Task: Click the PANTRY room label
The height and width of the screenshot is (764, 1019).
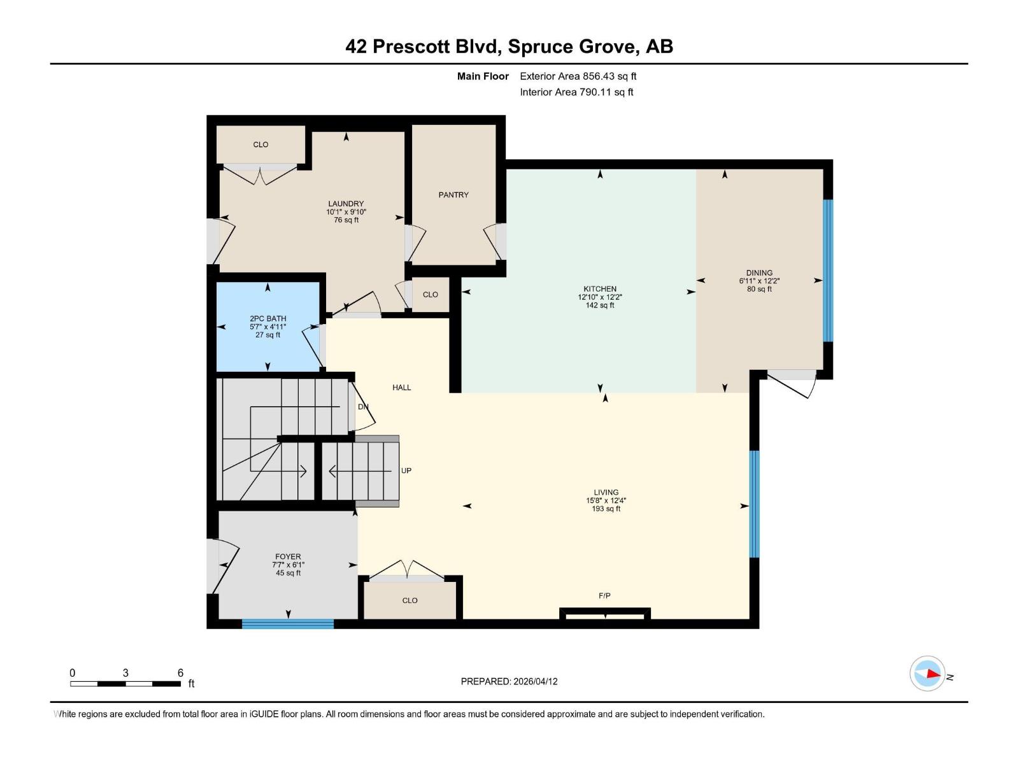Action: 453,195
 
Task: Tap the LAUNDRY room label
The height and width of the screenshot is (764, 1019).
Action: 346,204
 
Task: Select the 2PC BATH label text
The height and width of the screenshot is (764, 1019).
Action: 267,318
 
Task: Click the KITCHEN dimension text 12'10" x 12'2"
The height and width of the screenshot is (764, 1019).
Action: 599,297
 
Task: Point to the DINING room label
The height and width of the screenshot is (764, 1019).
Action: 759,272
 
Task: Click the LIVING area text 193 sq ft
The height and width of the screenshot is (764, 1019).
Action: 606,509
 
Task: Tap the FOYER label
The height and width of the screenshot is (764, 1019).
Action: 288,556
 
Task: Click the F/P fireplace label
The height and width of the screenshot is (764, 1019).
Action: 604,596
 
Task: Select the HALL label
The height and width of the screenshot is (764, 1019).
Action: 401,387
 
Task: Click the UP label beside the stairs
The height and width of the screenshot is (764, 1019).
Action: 406,470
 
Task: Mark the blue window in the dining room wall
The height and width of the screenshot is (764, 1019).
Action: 828,271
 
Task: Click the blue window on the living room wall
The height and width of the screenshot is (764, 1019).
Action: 754,504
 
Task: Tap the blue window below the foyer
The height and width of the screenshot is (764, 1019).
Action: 288,624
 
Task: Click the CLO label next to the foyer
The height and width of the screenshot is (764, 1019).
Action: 410,600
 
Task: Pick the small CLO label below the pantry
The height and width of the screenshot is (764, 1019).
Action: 430,295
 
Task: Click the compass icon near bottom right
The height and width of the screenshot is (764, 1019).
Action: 927,674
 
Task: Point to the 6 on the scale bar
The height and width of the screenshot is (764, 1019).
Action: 180,673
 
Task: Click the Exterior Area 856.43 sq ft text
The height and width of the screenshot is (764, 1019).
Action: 578,76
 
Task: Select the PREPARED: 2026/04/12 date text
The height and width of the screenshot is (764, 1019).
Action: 509,681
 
